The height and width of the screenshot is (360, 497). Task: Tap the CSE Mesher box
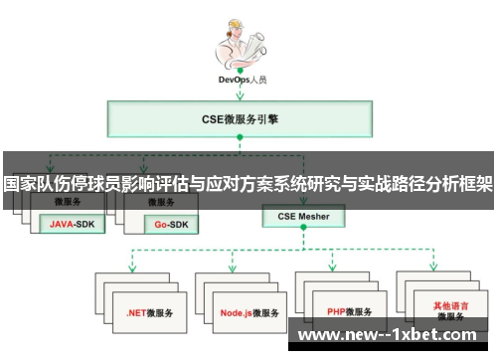click(x=303, y=215)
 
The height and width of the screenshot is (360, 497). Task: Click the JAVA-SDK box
click(x=72, y=225)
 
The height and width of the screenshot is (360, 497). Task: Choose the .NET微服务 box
click(x=149, y=311)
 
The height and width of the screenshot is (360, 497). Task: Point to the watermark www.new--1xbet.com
click(x=394, y=336)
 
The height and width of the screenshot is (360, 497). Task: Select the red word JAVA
click(x=62, y=225)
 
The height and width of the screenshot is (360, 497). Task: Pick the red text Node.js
click(x=236, y=311)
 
